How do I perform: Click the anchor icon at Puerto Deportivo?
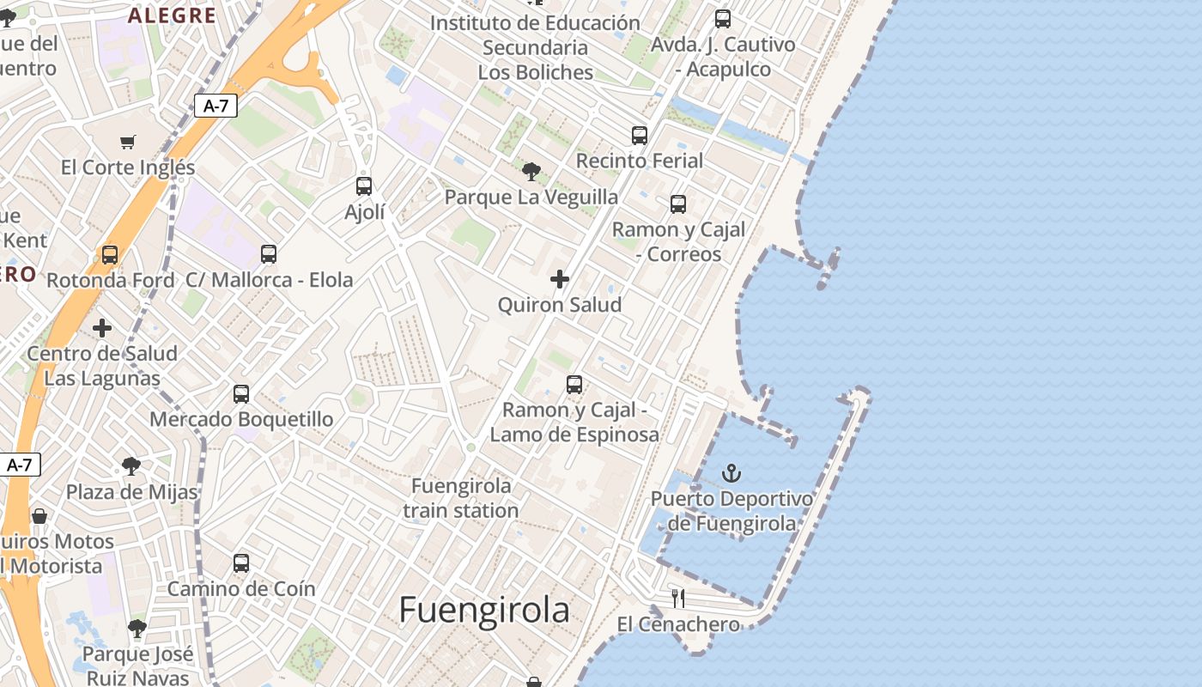pos(732,473)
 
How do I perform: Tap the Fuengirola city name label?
pos(484,610)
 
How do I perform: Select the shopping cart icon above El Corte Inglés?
pos(128,142)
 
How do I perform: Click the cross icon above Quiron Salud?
pos(560,279)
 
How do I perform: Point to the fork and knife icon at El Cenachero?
pos(678,599)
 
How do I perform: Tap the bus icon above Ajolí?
pos(364,186)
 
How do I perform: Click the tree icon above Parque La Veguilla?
pos(531,172)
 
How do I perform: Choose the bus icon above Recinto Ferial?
pos(640,136)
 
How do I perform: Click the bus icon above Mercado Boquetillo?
pos(241,394)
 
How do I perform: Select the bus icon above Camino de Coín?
pos(241,563)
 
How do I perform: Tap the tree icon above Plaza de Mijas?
pos(131,466)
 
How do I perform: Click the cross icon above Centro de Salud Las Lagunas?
pos(102,328)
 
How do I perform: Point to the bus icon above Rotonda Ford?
pos(110,255)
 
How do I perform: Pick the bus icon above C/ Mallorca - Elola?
pos(269,254)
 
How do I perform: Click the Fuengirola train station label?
pos(461,498)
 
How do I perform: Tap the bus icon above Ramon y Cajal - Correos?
pos(678,204)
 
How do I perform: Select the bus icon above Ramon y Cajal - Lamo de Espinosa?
pos(574,385)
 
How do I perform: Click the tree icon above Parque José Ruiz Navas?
pos(137,629)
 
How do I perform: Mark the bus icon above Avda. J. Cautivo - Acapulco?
pos(723,19)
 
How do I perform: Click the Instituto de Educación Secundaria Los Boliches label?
pos(536,47)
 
